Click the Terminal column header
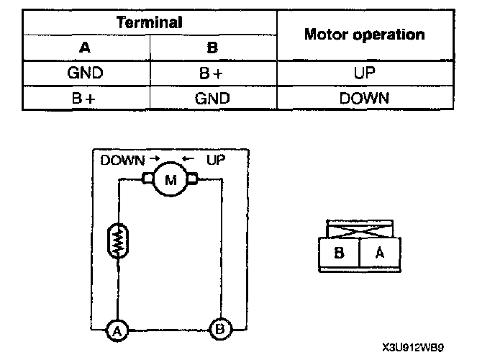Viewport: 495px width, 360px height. coord(150,22)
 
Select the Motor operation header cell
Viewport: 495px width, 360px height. coord(364,35)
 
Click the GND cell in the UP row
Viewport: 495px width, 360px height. coord(86,73)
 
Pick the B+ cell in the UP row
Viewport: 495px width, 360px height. coord(212,73)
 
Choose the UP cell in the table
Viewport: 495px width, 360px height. coord(364,73)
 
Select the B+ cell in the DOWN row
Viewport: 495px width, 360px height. coord(86,98)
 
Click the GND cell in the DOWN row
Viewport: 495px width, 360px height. coord(212,98)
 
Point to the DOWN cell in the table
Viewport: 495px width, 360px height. coord(364,98)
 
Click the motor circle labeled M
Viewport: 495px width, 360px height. coord(171,180)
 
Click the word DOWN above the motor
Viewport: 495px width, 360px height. coord(122,159)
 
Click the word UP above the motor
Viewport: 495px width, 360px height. coord(215,159)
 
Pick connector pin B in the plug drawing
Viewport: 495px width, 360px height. coord(339,254)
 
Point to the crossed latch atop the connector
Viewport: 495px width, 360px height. coord(358,230)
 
